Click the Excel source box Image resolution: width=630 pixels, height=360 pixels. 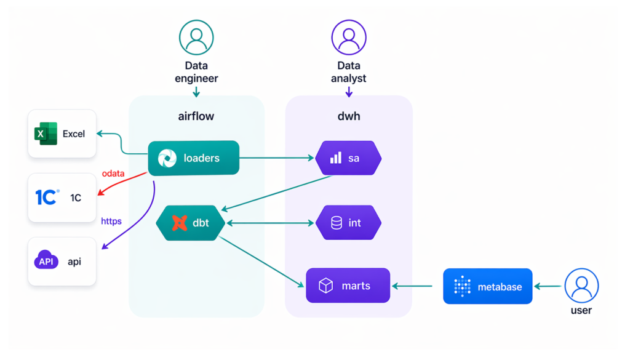[62, 134]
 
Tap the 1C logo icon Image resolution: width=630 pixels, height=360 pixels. [47, 197]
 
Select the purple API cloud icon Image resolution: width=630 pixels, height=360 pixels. [46, 260]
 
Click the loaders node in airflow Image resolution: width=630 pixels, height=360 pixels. [193, 158]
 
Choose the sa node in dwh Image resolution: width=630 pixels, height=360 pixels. [348, 158]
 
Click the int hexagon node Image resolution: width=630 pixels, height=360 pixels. [348, 223]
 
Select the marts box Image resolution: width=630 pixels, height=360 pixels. [348, 286]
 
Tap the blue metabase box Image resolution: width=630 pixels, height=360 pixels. [487, 286]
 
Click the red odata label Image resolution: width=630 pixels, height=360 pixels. [113, 174]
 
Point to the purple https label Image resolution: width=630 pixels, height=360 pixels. [111, 221]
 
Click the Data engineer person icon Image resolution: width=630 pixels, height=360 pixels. [196, 38]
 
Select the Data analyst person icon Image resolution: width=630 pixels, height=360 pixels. [349, 38]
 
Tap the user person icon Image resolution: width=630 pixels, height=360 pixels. [581, 286]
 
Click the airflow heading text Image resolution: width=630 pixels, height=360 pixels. [196, 116]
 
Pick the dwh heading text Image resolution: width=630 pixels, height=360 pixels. [348, 116]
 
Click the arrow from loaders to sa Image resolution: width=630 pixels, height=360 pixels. [277, 158]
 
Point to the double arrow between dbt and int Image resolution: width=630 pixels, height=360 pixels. [271, 223]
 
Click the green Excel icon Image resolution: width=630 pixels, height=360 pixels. [46, 134]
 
